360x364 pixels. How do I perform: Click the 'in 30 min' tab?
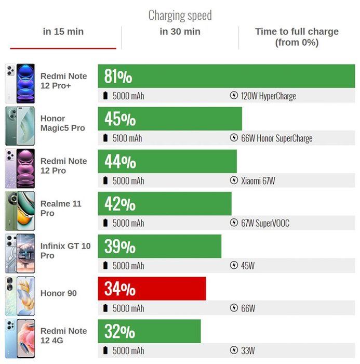[180, 32]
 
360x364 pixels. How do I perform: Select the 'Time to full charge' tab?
[297, 37]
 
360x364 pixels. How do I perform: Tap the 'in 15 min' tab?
[63, 32]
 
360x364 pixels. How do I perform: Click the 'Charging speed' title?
[180, 15]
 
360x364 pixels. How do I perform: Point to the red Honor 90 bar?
[152, 289]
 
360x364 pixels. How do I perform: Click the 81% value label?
[118, 76]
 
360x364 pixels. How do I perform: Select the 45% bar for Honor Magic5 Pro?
[170, 119]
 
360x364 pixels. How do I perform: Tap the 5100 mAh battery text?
[127, 138]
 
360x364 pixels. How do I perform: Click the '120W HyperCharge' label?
[269, 96]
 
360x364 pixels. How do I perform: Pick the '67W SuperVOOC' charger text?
[265, 223]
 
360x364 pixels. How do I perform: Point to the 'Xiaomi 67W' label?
[258, 180]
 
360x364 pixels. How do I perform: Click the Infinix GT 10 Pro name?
[65, 251]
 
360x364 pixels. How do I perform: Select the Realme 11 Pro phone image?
[20, 211]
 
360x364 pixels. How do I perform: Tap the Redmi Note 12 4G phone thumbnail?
[20, 338]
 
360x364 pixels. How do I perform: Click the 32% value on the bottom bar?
[119, 331]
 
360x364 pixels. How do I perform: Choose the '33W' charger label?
[248, 350]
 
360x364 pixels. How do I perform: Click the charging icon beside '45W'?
[234, 265]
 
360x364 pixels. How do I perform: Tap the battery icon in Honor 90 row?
[105, 308]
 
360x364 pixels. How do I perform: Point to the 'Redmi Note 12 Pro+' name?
[63, 81]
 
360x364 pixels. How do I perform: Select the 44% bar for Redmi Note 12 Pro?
[167, 161]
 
